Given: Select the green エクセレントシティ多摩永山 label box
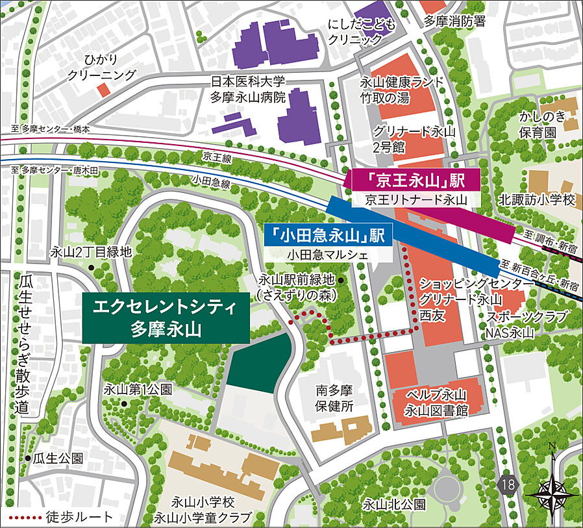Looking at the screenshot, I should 166,317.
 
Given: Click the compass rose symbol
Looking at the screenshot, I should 551,488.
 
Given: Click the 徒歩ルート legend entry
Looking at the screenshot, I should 62,517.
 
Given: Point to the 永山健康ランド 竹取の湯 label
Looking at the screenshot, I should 403,90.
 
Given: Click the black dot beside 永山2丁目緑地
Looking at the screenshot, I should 92,268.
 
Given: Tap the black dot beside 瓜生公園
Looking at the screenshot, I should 28,458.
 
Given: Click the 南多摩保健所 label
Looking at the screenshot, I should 334,399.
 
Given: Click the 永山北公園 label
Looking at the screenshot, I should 394,505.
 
